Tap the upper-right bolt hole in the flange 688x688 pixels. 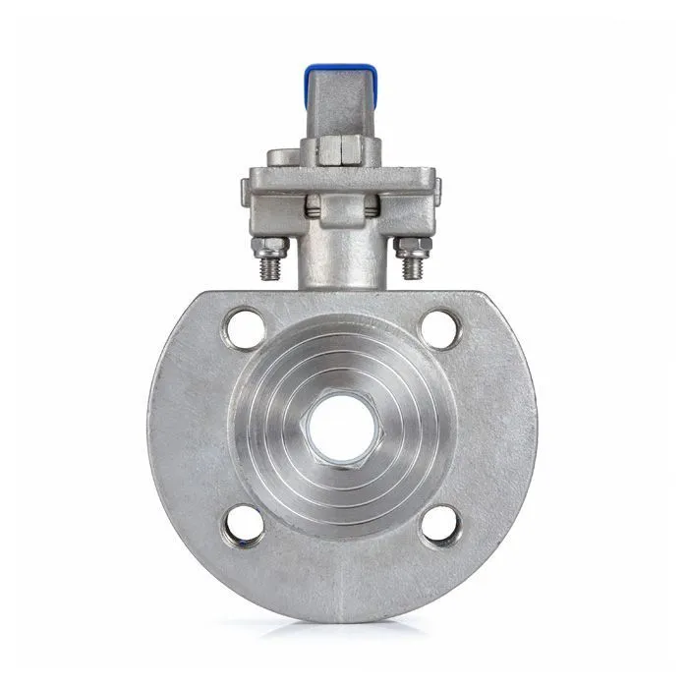pos(441,328)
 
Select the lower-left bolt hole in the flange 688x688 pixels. pos(244,526)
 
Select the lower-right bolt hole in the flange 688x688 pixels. pos(441,526)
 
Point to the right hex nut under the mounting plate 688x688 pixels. pos(412,246)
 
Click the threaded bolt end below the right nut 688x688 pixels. pos(413,267)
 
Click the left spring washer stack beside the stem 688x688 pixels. pos(313,207)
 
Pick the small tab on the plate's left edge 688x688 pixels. pos(245,189)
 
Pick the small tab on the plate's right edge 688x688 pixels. pos(438,189)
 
